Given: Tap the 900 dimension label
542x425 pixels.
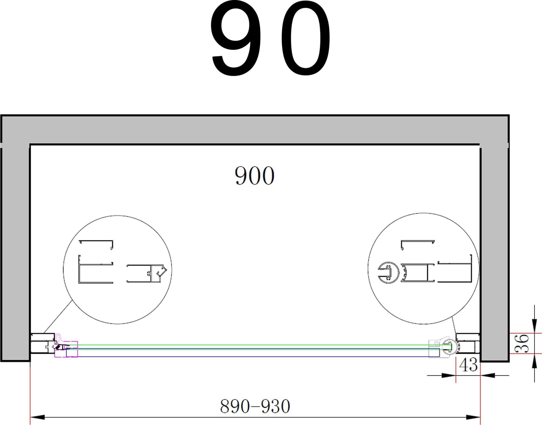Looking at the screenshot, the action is [x=254, y=176].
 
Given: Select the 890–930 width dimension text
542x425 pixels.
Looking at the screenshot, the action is [x=255, y=406].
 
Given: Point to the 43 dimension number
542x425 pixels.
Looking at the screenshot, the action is [x=468, y=365].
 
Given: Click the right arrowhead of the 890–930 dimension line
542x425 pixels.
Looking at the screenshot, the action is [x=473, y=417].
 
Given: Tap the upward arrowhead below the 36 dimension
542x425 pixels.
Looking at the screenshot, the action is [x=534, y=361].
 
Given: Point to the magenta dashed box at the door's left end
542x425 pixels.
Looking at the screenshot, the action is [x=66, y=349].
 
